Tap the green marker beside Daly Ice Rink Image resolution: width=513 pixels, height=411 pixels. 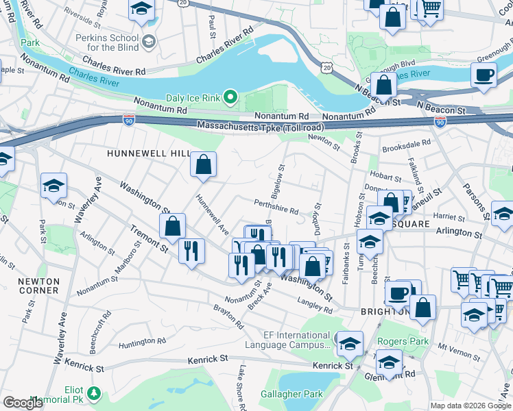click(230, 98)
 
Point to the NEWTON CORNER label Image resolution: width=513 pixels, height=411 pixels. click(38, 286)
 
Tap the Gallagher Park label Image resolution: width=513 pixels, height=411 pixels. click(291, 395)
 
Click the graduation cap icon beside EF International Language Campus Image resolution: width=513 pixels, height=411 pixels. click(350, 342)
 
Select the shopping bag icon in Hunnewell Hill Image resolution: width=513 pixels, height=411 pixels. click(203, 164)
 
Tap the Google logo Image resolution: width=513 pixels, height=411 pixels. click(23, 403)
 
